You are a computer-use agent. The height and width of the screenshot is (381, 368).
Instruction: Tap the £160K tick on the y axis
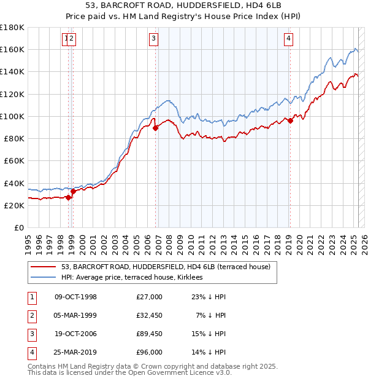point(12,49)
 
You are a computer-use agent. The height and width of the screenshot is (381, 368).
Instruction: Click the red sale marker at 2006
point(156,128)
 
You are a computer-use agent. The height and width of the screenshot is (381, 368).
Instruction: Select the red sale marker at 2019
point(290,120)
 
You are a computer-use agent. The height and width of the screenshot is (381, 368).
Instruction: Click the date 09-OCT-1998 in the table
point(76,297)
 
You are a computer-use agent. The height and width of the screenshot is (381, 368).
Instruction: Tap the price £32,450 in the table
point(149,315)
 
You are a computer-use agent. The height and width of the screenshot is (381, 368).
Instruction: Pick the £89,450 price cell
point(149,334)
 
